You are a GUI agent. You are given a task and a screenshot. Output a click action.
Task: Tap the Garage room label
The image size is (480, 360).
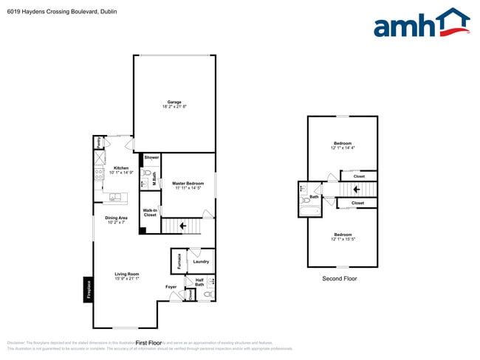(174, 103)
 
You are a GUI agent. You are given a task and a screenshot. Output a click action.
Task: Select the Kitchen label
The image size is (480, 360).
(121, 167)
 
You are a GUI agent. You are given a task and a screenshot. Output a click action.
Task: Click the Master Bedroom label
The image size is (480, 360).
(188, 183)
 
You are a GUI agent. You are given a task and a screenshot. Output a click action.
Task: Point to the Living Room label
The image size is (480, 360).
(127, 274)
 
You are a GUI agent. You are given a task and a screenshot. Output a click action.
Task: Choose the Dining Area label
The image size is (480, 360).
(116, 218)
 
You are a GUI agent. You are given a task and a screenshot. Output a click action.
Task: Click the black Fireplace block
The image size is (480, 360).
(88, 288)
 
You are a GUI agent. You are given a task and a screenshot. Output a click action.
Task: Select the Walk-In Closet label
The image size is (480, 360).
(150, 212)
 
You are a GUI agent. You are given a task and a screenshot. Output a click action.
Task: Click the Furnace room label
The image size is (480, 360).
(179, 260)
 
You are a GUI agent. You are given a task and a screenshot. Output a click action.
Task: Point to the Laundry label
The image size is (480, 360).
(201, 261)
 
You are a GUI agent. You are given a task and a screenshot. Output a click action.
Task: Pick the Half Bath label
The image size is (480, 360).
(199, 282)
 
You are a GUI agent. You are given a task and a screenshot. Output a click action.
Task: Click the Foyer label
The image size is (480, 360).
(171, 286)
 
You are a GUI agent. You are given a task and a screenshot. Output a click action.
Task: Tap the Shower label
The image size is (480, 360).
(151, 157)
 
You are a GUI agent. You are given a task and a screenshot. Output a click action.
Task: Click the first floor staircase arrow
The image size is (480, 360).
(182, 225)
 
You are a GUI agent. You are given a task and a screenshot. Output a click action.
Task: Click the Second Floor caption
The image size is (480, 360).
(340, 279)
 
